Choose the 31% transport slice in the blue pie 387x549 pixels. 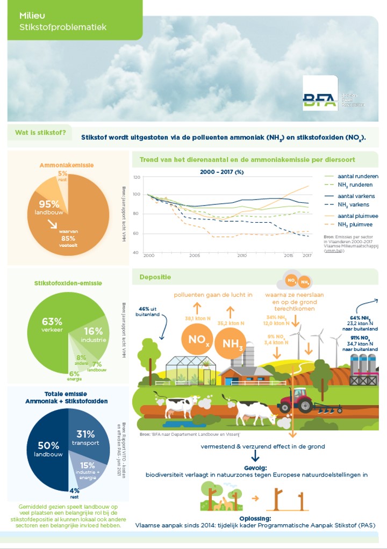pos(89,437)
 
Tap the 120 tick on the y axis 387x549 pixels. pos(136,177)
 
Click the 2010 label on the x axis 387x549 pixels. pos(242,255)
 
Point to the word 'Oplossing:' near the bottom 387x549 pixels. pos(255,518)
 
